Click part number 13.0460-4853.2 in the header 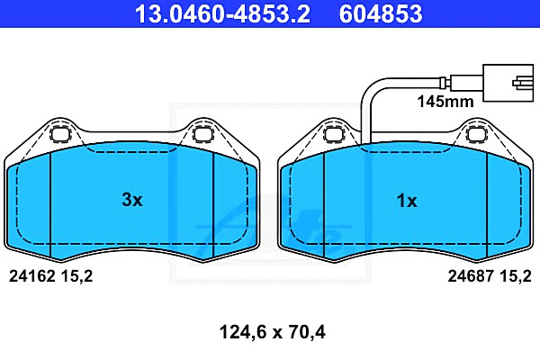click(x=222, y=13)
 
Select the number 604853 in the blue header click(x=381, y=13)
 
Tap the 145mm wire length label click(x=445, y=102)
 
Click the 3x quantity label click(x=132, y=200)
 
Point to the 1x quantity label click(x=407, y=201)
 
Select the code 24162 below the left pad click(x=32, y=276)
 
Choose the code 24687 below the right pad click(x=471, y=276)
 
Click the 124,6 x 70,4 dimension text click(x=272, y=332)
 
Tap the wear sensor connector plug click(x=508, y=83)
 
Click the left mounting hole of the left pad click(x=60, y=133)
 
